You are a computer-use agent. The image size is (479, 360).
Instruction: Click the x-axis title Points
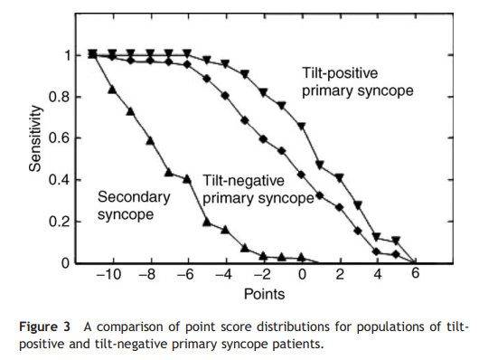[262, 294]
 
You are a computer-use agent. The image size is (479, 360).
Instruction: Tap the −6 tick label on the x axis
[185, 275]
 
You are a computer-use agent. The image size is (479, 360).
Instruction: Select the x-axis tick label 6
[415, 275]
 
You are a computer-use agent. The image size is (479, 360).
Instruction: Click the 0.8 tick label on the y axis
[59, 97]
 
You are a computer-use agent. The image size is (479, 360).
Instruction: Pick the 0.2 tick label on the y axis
[59, 222]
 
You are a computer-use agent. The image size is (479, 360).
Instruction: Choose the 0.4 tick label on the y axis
[59, 180]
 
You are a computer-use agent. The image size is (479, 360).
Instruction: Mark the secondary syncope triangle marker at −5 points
[207, 222]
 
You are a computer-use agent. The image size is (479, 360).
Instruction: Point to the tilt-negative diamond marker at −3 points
[245, 120]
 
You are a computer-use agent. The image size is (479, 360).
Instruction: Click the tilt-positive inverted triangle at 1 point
[320, 165]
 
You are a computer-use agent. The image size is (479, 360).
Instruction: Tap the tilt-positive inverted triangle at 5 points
[396, 241]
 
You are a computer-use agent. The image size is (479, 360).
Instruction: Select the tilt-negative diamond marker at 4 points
[377, 251]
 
